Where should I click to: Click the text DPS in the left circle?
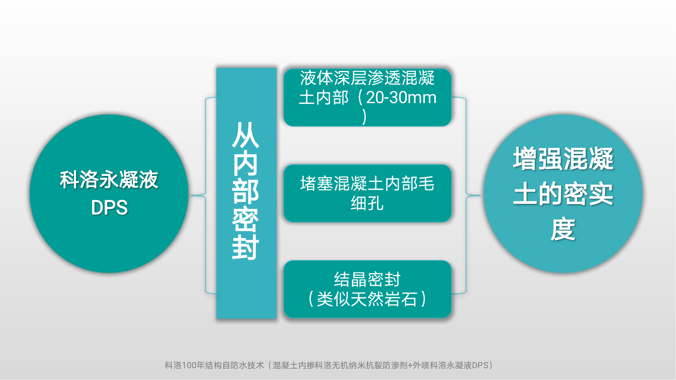click(109, 207)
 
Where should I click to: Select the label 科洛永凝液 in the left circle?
click(109, 179)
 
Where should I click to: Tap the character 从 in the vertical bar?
click(246, 135)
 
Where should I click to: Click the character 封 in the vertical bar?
click(246, 247)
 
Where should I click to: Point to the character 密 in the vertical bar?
click(246, 219)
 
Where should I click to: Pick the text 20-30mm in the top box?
click(401, 98)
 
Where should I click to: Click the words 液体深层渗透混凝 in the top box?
click(367, 78)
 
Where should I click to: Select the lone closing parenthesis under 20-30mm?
click(365, 117)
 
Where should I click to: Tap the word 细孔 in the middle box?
click(367, 203)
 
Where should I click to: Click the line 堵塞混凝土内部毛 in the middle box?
click(367, 184)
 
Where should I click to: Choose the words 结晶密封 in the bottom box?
click(367, 279)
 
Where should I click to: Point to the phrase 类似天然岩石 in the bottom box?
click(367, 299)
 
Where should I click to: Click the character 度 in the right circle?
click(563, 229)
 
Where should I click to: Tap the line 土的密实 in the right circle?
click(563, 194)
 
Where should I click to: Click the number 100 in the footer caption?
click(189, 365)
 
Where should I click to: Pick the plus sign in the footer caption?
click(410, 366)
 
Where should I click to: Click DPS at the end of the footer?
click(480, 365)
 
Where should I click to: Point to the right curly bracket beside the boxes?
click(466, 196)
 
